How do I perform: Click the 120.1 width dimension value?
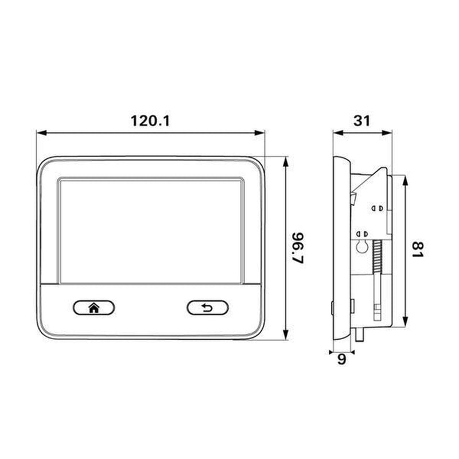click(x=150, y=121)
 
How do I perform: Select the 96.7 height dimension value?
click(x=298, y=248)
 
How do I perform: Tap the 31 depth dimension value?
click(x=362, y=121)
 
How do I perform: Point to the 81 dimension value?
click(x=418, y=250)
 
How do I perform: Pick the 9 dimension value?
click(x=341, y=359)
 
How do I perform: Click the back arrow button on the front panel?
click(x=208, y=308)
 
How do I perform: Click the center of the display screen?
click(x=151, y=231)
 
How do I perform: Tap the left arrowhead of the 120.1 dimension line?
click(x=41, y=133)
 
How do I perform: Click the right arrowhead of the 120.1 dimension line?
click(x=259, y=133)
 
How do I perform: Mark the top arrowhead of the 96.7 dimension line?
click(x=286, y=162)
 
